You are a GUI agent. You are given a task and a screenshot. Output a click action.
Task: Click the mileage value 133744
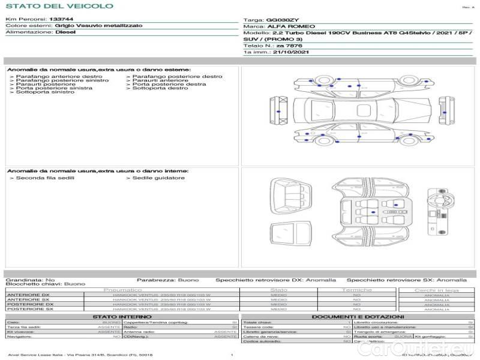click(x=61, y=20)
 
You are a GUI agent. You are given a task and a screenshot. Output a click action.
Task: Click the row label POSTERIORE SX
click(x=29, y=310)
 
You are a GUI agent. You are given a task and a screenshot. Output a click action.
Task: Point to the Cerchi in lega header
click(x=436, y=290)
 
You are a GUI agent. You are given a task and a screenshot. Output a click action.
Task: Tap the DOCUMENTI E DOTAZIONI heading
click(x=358, y=317)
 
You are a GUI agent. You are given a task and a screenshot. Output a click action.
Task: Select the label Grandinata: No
click(x=30, y=280)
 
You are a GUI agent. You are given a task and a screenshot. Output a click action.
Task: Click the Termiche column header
click(x=356, y=290)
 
